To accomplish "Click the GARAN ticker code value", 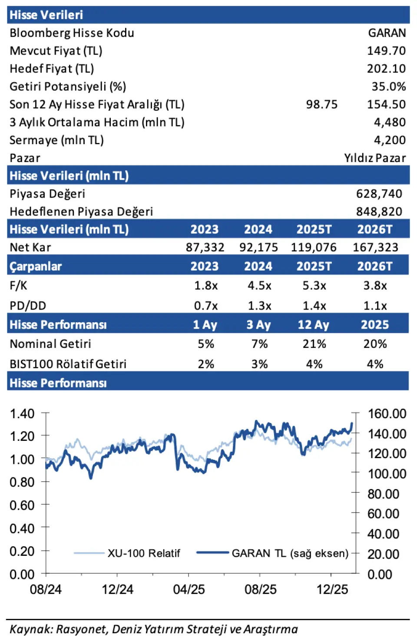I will (387, 33).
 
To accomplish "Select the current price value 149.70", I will (386, 51).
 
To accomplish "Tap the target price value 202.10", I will (386, 69).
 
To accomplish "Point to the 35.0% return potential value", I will (388, 86).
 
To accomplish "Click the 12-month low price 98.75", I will (321, 104).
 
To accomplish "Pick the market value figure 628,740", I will (379, 194).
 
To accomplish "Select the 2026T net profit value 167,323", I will (375, 248).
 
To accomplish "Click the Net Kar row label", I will (30, 248).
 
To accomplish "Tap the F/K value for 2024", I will (259, 286).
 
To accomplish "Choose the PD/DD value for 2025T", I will (314, 306).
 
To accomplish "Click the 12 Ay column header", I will (313, 325).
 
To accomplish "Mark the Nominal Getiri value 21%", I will (314, 344).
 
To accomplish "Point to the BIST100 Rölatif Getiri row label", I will (68, 364).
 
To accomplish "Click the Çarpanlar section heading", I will (36, 266).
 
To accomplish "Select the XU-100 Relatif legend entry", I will (143, 553).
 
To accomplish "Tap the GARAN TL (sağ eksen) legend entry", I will (290, 553).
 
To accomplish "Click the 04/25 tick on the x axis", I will (189, 589).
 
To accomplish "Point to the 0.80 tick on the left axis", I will (22, 482).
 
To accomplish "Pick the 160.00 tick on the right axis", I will (387, 413).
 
